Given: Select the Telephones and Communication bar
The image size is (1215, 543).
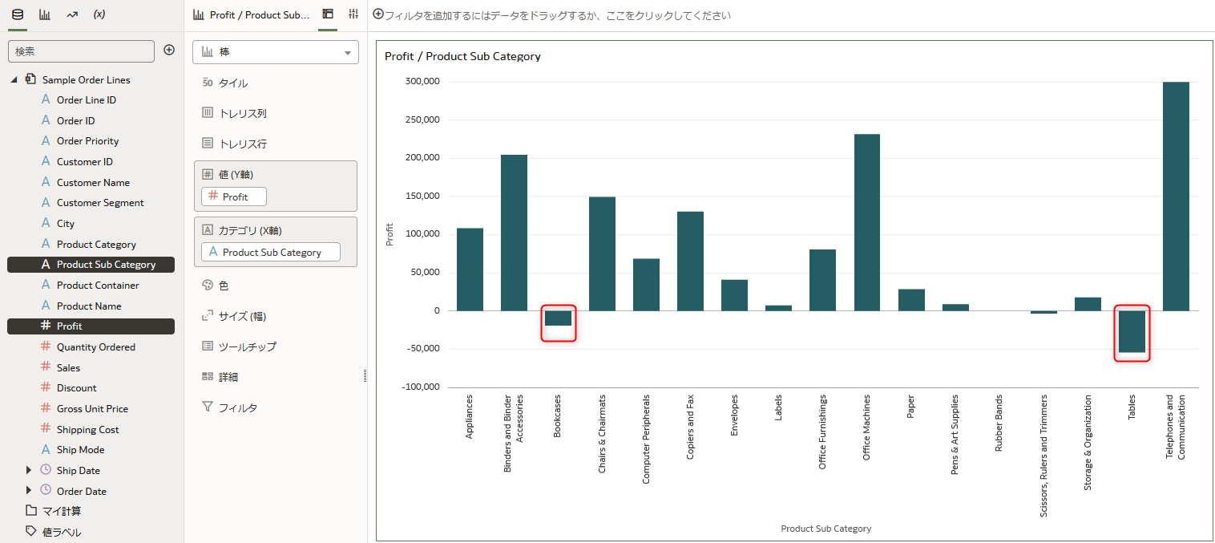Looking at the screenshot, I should [x=1176, y=197].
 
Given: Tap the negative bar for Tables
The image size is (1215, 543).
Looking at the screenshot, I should [x=1132, y=331].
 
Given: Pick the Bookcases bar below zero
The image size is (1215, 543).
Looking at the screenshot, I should [x=558, y=318].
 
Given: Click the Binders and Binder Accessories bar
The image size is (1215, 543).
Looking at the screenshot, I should [x=514, y=233].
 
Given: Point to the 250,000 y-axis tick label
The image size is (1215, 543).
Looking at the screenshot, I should [x=422, y=120].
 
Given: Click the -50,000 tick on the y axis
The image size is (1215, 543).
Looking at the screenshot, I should [x=422, y=349].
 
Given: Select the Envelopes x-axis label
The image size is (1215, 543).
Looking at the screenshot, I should [x=734, y=415].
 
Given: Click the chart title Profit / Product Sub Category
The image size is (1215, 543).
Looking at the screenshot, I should [x=462, y=56].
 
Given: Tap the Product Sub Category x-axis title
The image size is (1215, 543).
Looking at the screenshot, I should [x=825, y=529].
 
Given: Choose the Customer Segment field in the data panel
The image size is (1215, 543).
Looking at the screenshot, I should [x=100, y=203].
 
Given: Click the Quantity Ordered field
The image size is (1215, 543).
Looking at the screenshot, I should [x=95, y=347].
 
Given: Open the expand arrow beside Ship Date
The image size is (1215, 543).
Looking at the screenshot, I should [x=29, y=470].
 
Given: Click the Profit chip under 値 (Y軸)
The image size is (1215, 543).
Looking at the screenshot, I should [x=234, y=197].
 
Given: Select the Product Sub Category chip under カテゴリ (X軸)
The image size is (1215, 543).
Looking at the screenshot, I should [x=271, y=252].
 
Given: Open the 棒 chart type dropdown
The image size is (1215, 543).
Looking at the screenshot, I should [x=276, y=52].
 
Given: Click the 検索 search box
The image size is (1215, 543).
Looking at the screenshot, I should [x=81, y=51].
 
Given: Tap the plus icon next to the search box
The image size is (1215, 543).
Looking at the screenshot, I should [x=169, y=51].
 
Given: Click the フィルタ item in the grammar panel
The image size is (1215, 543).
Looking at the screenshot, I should [x=237, y=407].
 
